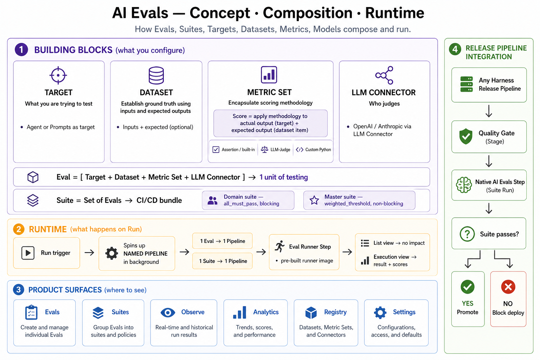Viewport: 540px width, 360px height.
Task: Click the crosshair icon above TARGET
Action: [x=58, y=75]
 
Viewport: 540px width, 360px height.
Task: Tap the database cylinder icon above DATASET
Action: [x=156, y=75]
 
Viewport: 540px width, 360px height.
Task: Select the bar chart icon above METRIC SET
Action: [x=269, y=75]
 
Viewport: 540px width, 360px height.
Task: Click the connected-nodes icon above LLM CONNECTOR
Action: [x=384, y=75]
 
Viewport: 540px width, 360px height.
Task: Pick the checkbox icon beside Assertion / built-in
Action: [x=216, y=149]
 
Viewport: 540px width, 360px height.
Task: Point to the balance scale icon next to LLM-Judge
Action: [x=264, y=149]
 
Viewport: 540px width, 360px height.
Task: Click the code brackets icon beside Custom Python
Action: [x=300, y=150]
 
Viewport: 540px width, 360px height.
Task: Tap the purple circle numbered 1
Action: [x=21, y=50]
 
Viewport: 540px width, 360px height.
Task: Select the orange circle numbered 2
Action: [x=19, y=229]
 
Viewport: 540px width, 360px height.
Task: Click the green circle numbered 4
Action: [x=455, y=49]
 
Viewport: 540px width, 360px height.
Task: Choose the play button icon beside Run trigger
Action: [x=28, y=253]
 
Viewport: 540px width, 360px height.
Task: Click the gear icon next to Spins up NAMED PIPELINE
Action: [x=111, y=253]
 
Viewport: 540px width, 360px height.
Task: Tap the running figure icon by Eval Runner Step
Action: [x=280, y=246]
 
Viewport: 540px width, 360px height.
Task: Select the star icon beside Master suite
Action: [x=314, y=200]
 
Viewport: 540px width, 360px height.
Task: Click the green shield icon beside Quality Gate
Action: [x=466, y=136]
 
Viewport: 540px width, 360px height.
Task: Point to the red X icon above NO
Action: [x=508, y=287]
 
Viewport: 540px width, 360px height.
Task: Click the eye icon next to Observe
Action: [x=168, y=313]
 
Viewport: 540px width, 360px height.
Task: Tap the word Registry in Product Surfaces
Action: [x=335, y=312]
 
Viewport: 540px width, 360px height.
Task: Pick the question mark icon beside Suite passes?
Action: [x=467, y=234]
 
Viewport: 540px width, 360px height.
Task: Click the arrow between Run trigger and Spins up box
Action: [x=89, y=253]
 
